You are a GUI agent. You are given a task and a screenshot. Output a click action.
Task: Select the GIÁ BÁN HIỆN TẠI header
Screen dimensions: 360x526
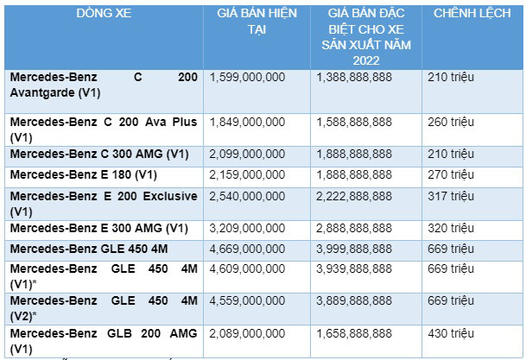pyautogui.click(x=255, y=22)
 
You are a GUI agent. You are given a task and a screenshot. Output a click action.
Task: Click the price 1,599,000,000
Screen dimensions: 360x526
pyautogui.click(x=247, y=78)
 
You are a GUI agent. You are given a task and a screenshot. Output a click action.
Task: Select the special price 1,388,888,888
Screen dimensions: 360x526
pyautogui.click(x=355, y=78)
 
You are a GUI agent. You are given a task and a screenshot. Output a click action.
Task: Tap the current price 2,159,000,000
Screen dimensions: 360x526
pyautogui.click(x=247, y=175)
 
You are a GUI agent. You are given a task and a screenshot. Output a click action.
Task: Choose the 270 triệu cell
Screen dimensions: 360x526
pyautogui.click(x=450, y=175)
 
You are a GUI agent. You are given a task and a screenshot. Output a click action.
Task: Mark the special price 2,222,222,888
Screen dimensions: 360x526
pyautogui.click(x=355, y=196)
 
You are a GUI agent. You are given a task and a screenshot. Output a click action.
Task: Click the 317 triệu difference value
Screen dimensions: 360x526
pyautogui.click(x=450, y=196)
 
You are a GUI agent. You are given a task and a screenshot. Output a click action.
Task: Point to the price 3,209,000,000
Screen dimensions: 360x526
pyautogui.click(x=247, y=228)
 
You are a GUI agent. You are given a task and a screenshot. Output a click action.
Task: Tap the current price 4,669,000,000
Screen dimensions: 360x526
pyautogui.click(x=247, y=249)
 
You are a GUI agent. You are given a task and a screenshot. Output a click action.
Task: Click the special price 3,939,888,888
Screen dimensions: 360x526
pyautogui.click(x=355, y=270)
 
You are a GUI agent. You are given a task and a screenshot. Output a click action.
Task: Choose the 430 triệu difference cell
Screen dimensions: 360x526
pyautogui.click(x=450, y=333)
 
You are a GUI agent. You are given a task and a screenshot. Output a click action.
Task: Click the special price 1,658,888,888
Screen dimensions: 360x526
pyautogui.click(x=355, y=333)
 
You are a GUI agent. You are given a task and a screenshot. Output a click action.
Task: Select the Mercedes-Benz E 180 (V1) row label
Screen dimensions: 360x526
pyautogui.click(x=79, y=175)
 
